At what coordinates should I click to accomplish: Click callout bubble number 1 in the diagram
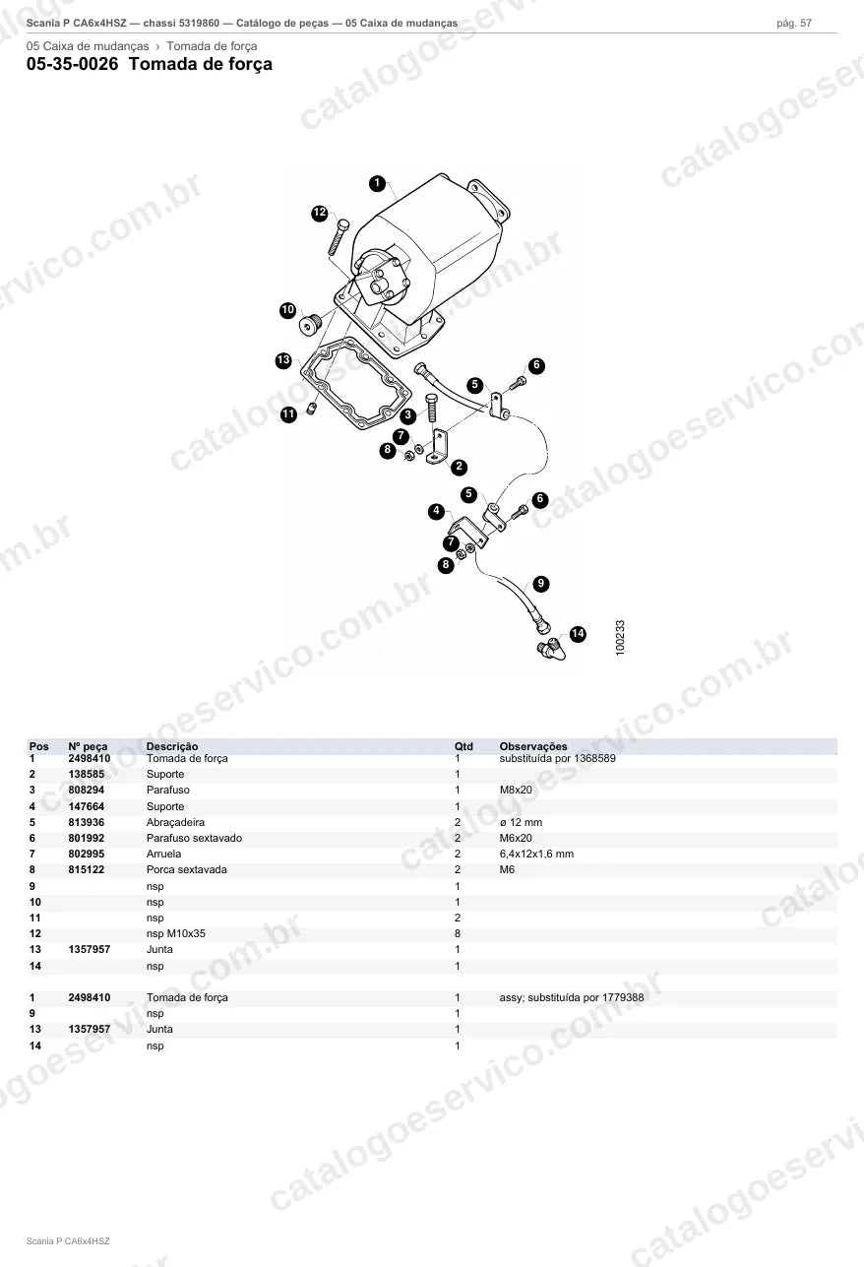[377, 183]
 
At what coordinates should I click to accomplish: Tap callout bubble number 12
[320, 213]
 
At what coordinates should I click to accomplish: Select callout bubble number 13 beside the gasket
[283, 360]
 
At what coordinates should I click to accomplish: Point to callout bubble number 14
[578, 634]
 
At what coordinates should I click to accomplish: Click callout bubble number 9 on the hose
[541, 583]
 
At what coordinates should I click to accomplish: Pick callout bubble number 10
[287, 310]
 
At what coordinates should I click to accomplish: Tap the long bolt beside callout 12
[339, 238]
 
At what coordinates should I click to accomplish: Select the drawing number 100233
[620, 638]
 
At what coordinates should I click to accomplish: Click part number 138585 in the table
[86, 774]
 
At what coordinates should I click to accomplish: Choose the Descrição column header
[172, 746]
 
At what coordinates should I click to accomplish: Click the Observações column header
[532, 746]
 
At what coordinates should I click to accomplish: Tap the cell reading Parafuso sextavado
[194, 838]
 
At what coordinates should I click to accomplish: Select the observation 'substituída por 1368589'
[557, 758]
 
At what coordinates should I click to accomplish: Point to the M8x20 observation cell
[515, 790]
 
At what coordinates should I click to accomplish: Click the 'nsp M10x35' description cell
[175, 933]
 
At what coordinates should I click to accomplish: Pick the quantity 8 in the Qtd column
[458, 933]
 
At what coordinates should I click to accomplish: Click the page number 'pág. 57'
[794, 24]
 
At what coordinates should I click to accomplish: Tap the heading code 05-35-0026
[73, 64]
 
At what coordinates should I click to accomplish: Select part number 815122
[86, 869]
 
